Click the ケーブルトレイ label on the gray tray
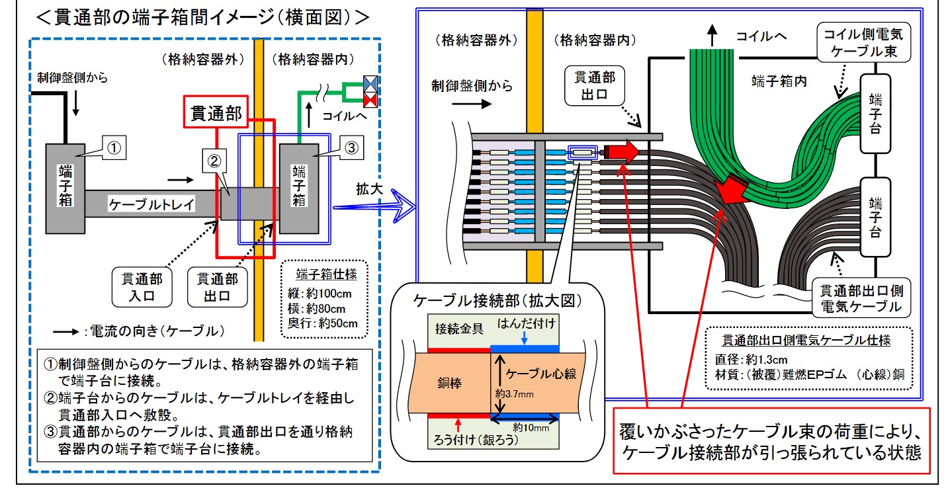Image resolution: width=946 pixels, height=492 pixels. tap(151, 204)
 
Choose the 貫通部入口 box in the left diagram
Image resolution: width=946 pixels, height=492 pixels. tap(138, 286)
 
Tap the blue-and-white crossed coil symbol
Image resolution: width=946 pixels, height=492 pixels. tap(369, 84)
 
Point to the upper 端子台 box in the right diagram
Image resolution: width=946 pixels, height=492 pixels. tap(875, 114)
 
